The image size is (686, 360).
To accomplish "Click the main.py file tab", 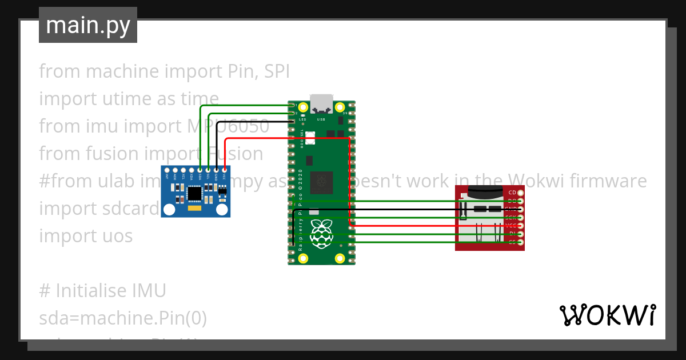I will (x=87, y=26).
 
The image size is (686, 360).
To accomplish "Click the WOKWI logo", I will (x=607, y=315).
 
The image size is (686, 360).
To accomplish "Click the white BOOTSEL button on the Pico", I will (x=310, y=138).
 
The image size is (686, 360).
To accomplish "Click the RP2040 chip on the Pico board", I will (x=321, y=183).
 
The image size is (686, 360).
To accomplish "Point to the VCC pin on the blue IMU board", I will (x=225, y=170).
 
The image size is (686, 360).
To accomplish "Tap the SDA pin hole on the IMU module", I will (x=200, y=170).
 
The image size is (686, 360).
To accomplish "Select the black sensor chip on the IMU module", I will (x=195, y=194).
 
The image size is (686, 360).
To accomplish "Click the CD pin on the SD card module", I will (x=520, y=193).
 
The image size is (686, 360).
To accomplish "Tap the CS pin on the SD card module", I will (x=520, y=242).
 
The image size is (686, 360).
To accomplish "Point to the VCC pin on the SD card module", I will (x=520, y=226).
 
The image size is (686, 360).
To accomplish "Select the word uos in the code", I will (x=117, y=235).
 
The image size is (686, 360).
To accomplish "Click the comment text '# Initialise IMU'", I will (x=102, y=291).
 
